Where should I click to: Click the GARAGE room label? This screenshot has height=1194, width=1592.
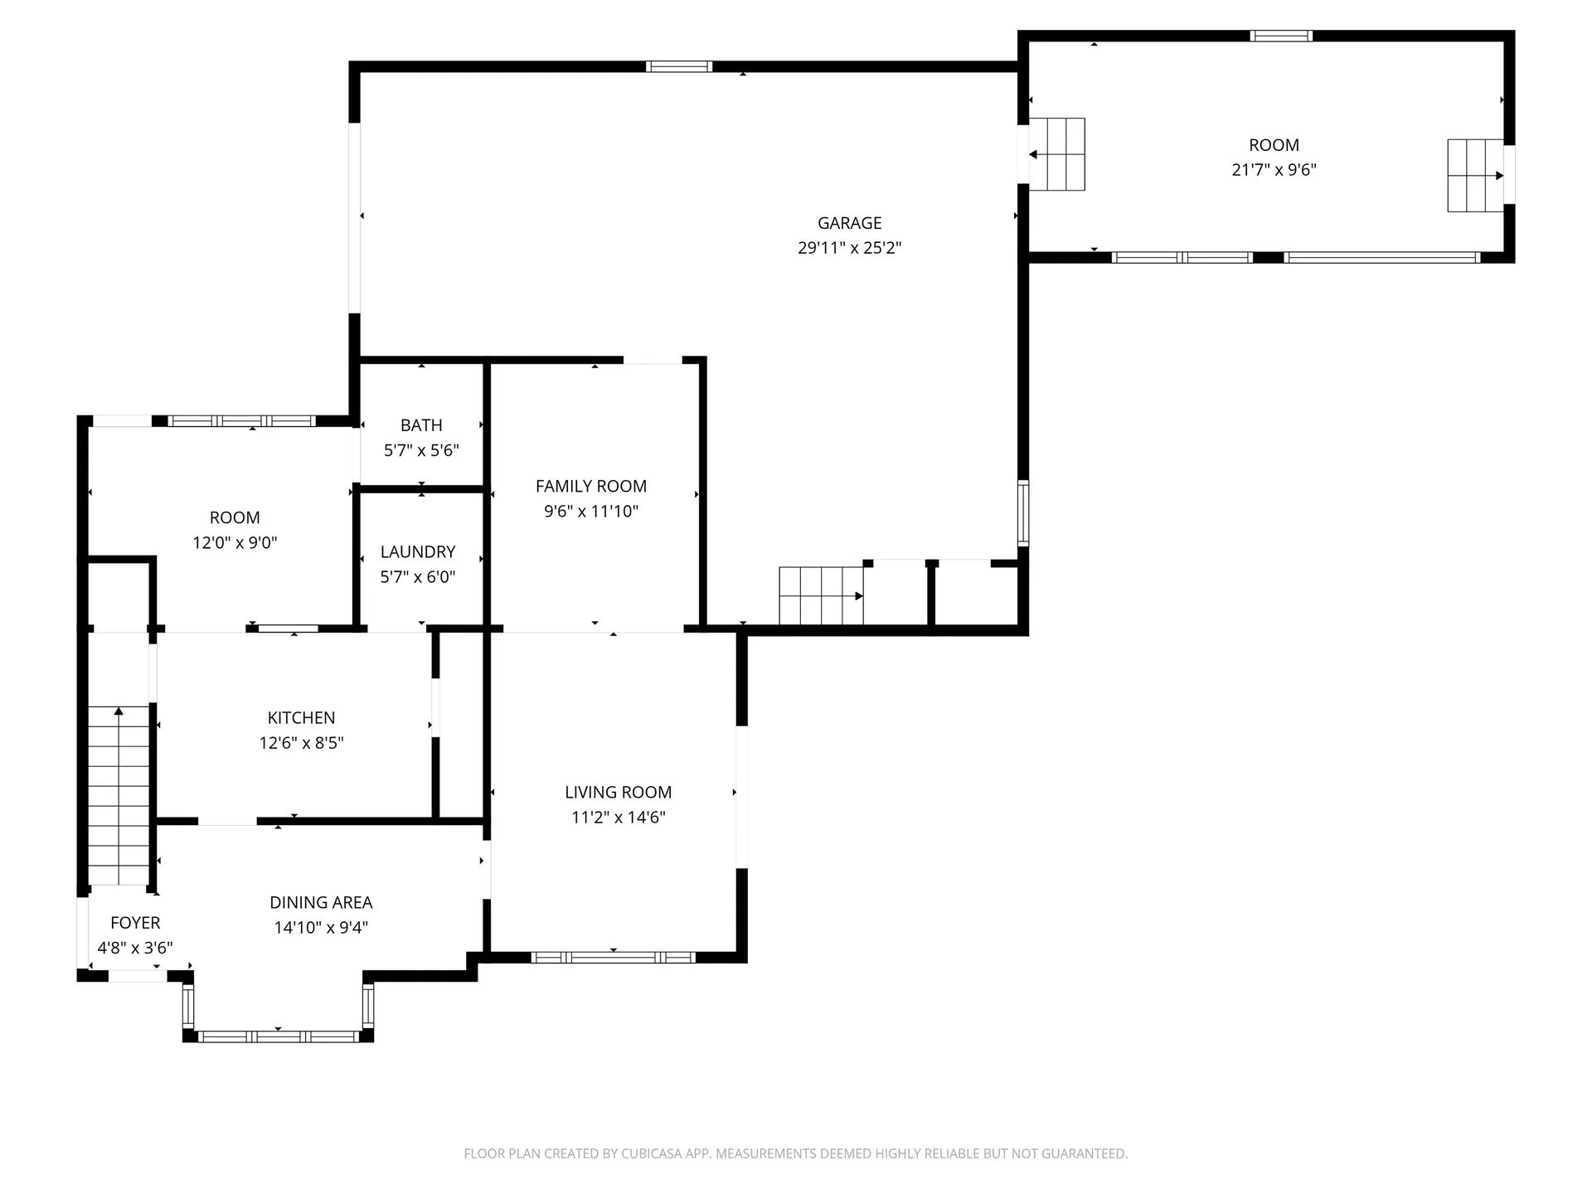coord(849,223)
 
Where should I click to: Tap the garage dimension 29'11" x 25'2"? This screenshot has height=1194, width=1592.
coord(849,248)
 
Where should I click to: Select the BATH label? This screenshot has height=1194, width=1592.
coord(421,425)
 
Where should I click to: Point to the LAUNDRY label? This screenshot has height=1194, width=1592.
coord(418,552)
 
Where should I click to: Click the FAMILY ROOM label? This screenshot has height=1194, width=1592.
coord(591,487)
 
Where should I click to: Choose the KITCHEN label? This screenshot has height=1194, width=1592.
coord(301,718)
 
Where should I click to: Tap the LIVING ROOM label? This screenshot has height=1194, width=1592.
coord(619,793)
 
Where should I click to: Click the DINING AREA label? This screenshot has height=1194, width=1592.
coord(321,903)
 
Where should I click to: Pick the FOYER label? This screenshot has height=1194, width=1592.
coord(135,923)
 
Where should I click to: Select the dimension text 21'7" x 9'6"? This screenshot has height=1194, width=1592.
coord(1274,170)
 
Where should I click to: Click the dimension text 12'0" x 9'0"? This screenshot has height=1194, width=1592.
coord(235,543)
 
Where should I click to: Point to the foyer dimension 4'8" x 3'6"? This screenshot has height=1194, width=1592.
coord(135,948)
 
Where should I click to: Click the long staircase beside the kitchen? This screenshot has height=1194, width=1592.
coord(119,795)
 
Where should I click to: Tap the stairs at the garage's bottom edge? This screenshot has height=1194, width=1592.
coord(821,595)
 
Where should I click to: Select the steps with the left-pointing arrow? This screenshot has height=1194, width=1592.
coord(1056,154)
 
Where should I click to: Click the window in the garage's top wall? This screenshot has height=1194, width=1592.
coord(679,66)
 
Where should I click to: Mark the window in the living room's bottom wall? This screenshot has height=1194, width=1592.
coord(613,958)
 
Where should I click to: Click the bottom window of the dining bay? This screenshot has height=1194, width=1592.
coord(278,1036)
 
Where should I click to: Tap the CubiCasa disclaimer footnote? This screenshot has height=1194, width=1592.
coord(796,1153)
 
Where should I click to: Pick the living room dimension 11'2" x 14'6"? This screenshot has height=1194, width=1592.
coord(619,818)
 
